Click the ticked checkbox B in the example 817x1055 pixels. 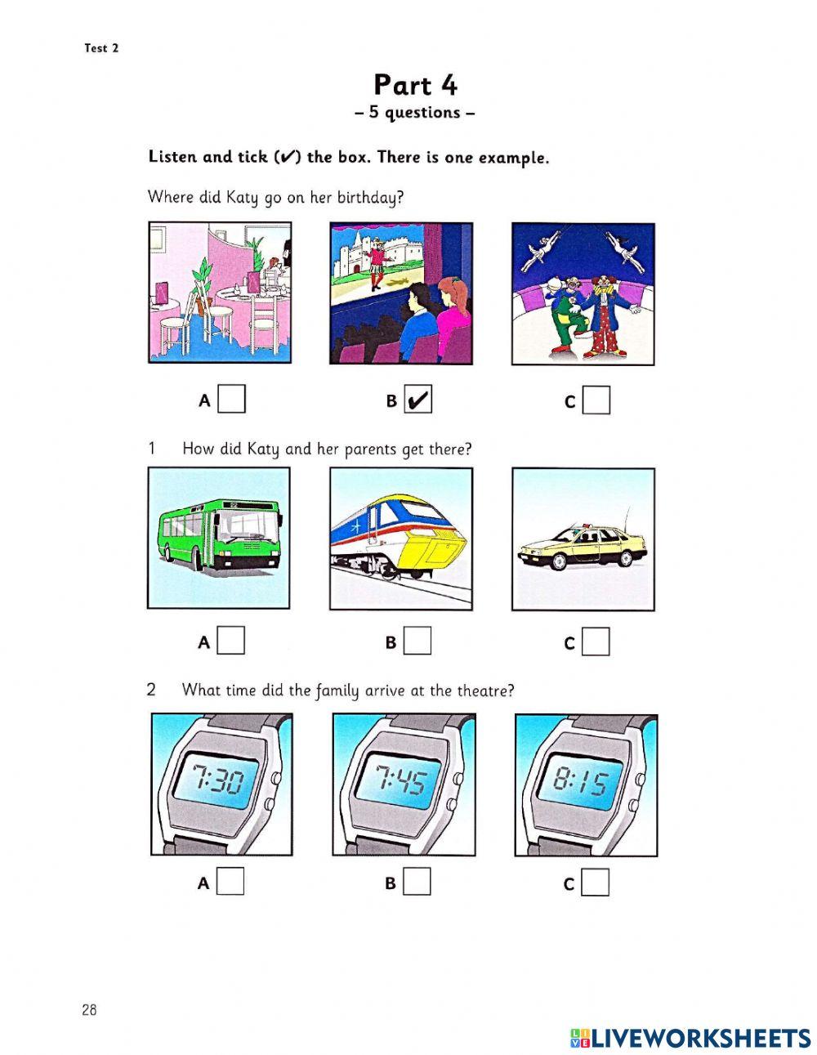pos(418,400)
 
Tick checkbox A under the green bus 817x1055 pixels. pos(232,641)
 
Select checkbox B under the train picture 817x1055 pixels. pos(417,641)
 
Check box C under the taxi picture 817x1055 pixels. pos(596,642)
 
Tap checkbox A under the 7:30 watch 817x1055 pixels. pos(231,882)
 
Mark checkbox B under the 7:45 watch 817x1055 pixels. pos(417,882)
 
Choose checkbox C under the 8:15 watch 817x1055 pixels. pos(596,883)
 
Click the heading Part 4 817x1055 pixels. pos(415,85)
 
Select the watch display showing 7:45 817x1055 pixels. pos(400,781)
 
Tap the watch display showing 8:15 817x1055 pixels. pos(582,783)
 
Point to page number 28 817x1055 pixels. pos(89,1009)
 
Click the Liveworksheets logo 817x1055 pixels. pos(690,1038)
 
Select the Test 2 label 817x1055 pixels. pos(101,48)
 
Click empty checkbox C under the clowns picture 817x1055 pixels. pos(597,400)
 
